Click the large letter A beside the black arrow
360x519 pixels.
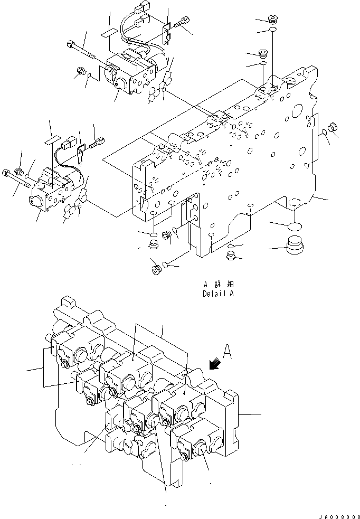(x=226, y=352)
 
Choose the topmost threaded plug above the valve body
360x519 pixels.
(x=272, y=21)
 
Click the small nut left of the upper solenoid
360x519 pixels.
(x=82, y=70)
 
